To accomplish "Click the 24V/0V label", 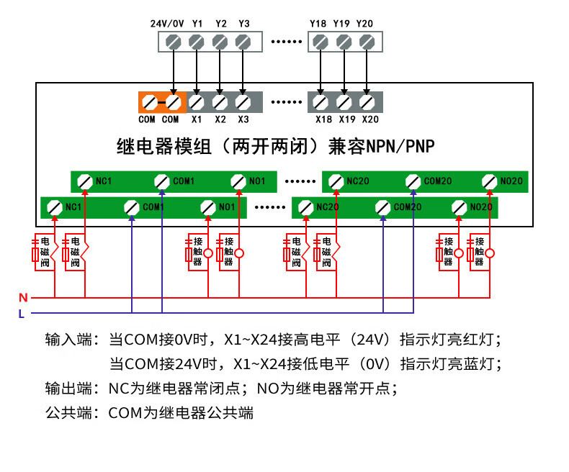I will click(166, 24).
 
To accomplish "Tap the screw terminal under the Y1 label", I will click(197, 41).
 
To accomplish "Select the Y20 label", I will click(364, 24).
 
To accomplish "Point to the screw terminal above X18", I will click(322, 102).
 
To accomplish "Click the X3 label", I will click(243, 119).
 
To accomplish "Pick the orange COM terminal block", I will click(162, 102).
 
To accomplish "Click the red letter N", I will click(23, 297).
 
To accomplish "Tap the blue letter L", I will click(22, 313).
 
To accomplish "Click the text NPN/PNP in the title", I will click(400, 147).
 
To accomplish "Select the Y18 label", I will click(318, 24).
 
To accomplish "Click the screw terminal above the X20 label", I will click(367, 102).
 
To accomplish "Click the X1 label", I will click(197, 119).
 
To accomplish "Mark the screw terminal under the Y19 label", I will click(342, 41).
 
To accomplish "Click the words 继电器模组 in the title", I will click(163, 147).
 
